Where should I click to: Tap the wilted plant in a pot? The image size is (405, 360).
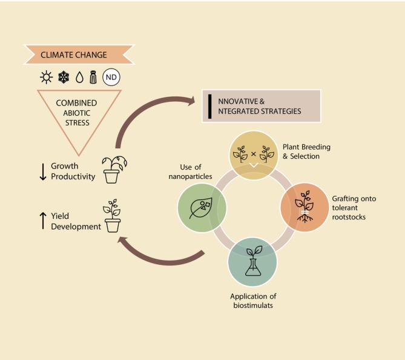point(113,168)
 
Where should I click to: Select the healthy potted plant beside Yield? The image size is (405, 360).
point(113,218)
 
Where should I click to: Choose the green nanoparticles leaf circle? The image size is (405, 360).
point(202,207)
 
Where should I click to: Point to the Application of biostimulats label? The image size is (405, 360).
point(253,301)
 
